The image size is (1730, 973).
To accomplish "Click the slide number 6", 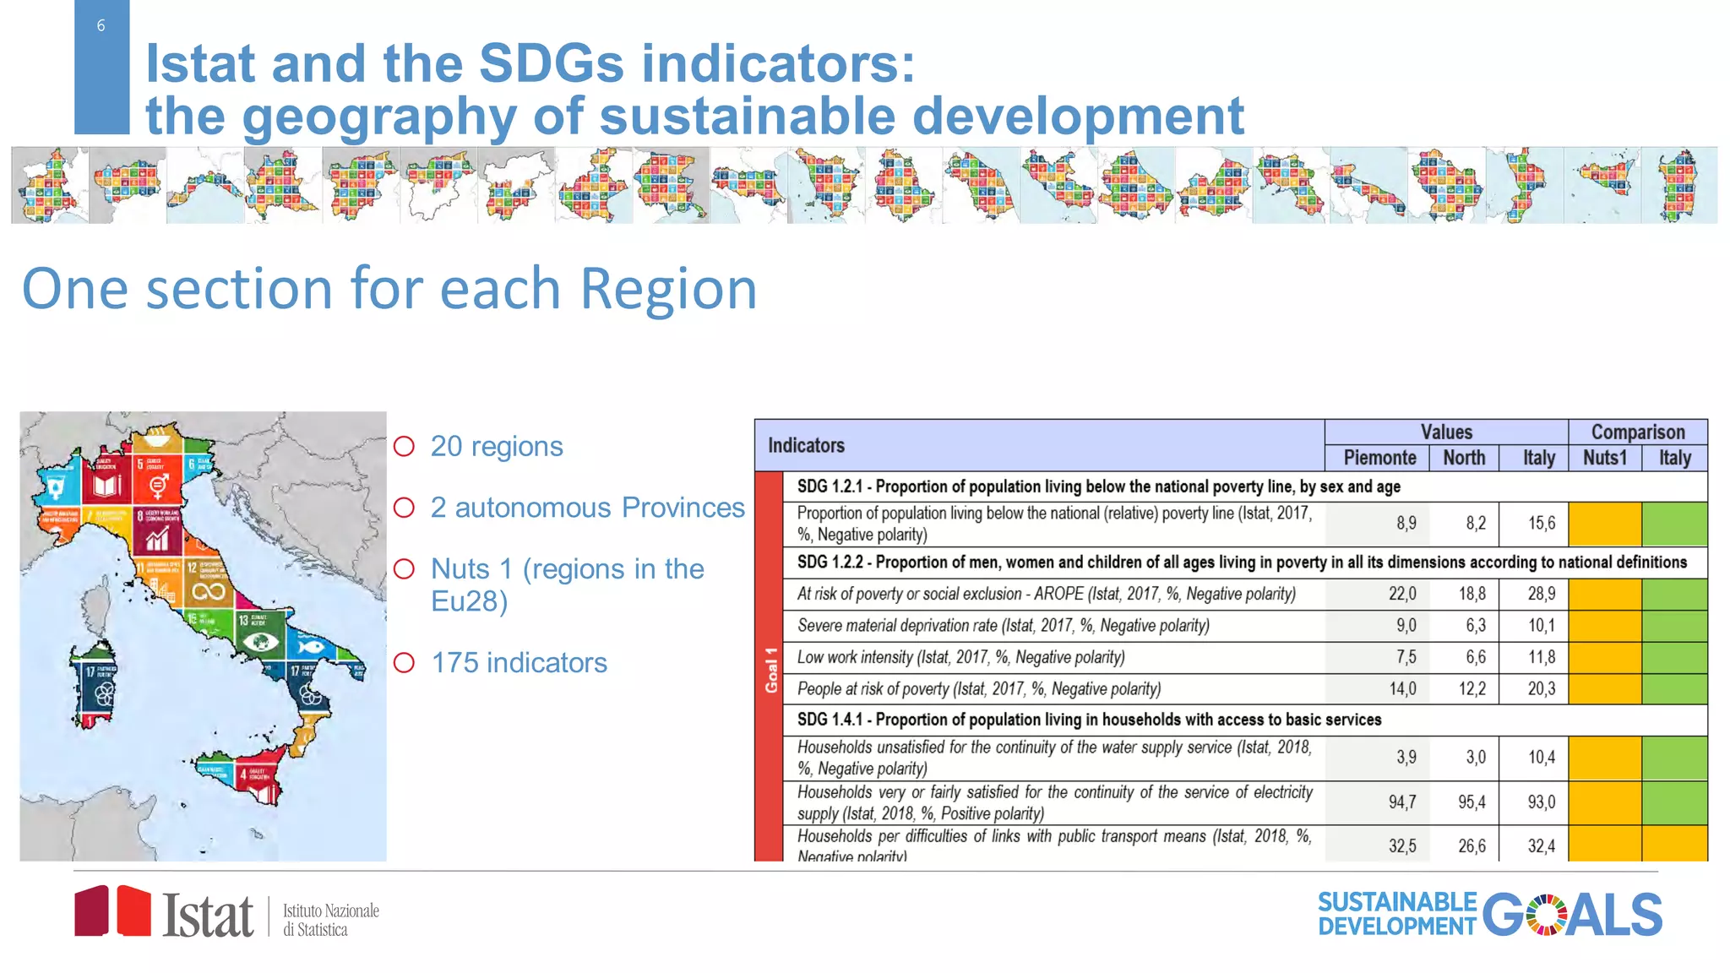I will point(101,26).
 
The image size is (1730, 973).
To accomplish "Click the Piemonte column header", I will point(1379,458).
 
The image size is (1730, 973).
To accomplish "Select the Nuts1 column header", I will point(1604,458).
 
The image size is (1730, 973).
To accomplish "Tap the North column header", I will point(1464,458).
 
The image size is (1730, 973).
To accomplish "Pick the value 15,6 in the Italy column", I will point(1541,524).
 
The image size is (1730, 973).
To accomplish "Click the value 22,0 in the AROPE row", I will point(1402,594).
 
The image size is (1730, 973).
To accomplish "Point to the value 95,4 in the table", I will point(1472,802).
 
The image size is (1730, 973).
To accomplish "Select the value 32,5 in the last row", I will point(1402,845).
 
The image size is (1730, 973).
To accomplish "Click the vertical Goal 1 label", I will point(770,670).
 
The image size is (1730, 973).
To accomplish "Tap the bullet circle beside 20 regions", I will point(405,446).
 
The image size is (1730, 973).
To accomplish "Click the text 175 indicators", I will point(519,663).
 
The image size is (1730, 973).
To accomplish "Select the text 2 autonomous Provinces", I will point(587,508).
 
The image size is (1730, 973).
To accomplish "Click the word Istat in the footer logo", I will point(208,916).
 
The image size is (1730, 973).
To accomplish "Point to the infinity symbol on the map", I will point(208,592).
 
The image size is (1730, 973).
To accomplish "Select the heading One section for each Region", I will point(389,289).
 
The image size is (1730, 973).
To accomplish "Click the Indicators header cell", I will point(806,446).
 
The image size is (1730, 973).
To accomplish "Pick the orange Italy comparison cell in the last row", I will point(1674,845).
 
